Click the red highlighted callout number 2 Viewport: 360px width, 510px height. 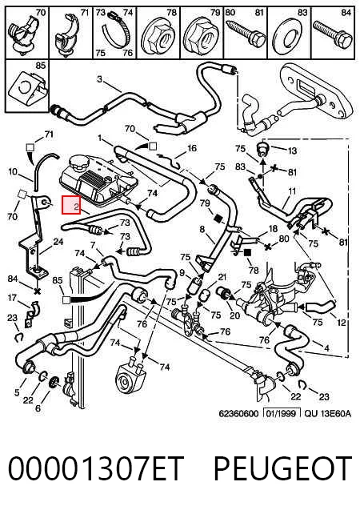(x=71, y=205)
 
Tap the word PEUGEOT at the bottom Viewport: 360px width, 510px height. (x=282, y=468)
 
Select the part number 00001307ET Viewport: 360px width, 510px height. (x=96, y=468)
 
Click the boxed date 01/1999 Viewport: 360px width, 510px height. (x=282, y=413)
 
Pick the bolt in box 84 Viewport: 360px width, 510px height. (x=332, y=35)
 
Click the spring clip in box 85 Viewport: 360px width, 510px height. (x=28, y=89)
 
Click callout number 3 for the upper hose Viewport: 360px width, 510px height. (x=99, y=79)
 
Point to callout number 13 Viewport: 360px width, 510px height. (x=292, y=151)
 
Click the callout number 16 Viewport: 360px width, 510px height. (x=192, y=148)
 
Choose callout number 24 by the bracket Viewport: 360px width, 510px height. (x=58, y=242)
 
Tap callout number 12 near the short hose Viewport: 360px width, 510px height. (x=342, y=323)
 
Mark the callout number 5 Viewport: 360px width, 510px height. (x=17, y=392)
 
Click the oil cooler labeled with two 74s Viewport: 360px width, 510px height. (x=130, y=375)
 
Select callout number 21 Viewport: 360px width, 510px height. (x=222, y=278)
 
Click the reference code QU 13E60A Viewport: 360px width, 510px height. (x=328, y=413)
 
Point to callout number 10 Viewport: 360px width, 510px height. (x=12, y=171)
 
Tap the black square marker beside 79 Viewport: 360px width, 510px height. (x=218, y=219)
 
